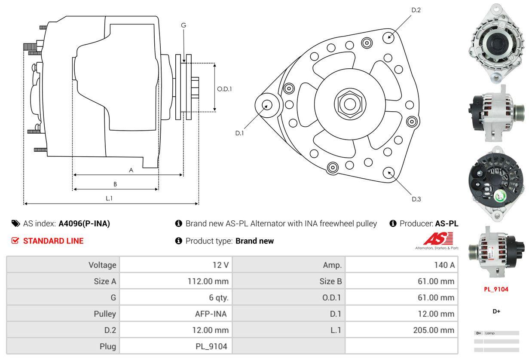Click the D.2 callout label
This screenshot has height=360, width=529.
416,10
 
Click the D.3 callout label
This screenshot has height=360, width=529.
416,199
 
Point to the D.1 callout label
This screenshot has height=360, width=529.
239,133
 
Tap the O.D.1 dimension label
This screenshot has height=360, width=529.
224,89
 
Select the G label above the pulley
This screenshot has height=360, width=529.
183,25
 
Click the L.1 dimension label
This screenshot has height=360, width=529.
109,198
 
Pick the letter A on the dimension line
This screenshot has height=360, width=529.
131,170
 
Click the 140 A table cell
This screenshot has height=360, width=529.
444,265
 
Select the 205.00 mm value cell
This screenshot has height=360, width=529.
435,330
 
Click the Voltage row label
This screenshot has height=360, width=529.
102,265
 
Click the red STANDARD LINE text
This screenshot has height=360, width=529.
53,241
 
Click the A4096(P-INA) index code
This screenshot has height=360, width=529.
84,223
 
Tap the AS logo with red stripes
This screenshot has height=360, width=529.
438,239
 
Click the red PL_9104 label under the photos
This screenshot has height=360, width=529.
496,289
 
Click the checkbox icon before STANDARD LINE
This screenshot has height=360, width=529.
15,241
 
